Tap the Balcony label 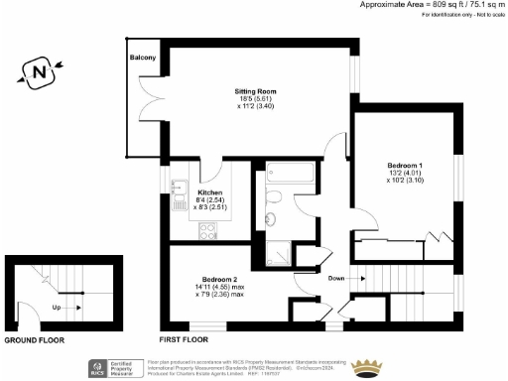point(143,59)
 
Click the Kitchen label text point(209,191)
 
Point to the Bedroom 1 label point(406,165)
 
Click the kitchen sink point(180,190)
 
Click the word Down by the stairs point(336,279)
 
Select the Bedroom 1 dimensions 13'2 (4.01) point(406,174)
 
